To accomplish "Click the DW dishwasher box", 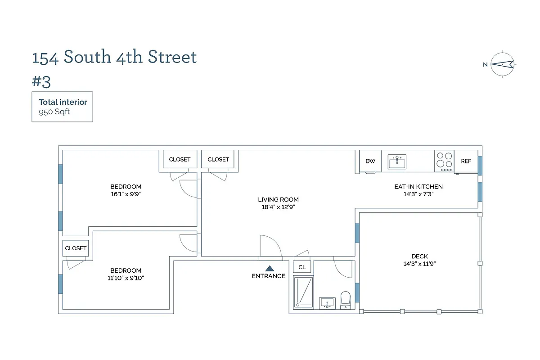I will [x=370, y=161].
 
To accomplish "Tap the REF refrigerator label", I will [x=466, y=161].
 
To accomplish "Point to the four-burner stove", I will [x=444, y=161].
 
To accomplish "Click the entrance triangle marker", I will [x=269, y=268].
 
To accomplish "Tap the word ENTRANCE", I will [x=269, y=276].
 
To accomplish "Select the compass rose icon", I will [x=502, y=64].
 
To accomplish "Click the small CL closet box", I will [x=302, y=267].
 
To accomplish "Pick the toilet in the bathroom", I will [x=345, y=300].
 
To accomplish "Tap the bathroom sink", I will [x=327, y=303].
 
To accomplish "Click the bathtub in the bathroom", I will [x=303, y=292].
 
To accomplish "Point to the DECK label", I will [x=419, y=256].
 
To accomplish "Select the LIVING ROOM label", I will [x=278, y=199].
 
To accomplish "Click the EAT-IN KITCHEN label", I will [x=418, y=186].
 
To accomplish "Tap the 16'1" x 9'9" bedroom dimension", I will [x=126, y=194].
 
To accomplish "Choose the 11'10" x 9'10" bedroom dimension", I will [x=126, y=278].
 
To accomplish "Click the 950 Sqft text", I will [x=54, y=112].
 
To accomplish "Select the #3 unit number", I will [x=41, y=82].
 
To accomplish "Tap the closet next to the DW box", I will [x=218, y=159].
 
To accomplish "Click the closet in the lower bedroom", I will [x=76, y=248].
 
